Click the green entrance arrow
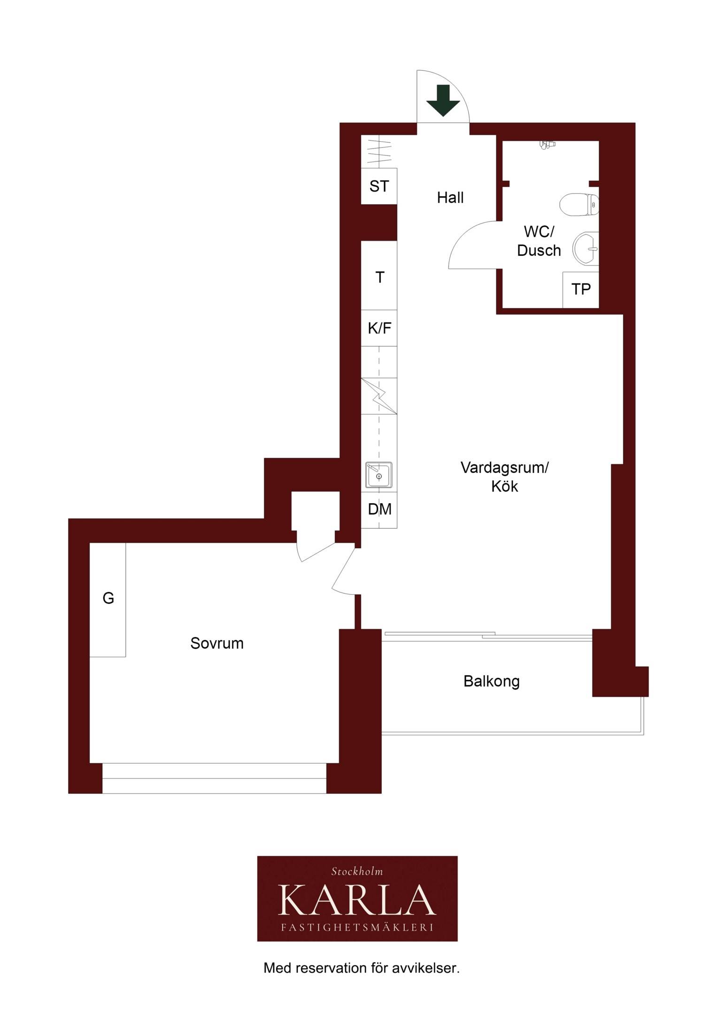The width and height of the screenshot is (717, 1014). click(443, 100)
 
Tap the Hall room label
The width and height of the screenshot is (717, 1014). click(450, 198)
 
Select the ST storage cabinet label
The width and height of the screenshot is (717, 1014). click(379, 186)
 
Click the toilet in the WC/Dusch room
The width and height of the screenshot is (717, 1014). click(579, 205)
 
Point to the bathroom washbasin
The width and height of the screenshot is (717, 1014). click(586, 248)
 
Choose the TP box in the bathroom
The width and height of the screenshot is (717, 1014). click(581, 290)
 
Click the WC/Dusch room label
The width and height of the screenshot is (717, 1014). click(539, 241)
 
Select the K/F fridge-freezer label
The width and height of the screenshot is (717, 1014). click(379, 328)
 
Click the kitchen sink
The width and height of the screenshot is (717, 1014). click(379, 475)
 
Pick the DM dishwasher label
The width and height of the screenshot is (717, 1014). click(379, 509)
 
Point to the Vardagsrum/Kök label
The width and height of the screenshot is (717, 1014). click(504, 476)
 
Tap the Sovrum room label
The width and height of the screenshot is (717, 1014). click(217, 643)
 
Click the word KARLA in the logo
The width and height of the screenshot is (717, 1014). click(357, 899)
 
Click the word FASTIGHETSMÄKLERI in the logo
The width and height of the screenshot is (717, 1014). click(357, 927)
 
